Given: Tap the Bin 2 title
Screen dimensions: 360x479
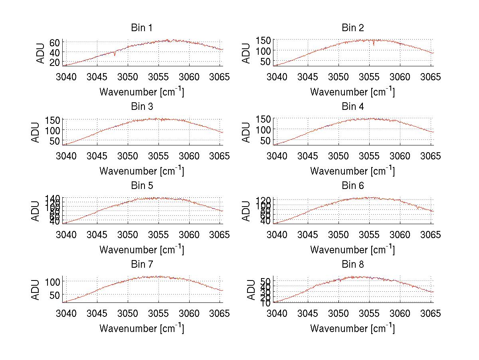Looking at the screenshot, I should pos(353,28).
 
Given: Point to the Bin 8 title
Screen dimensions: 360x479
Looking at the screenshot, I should pos(353,265).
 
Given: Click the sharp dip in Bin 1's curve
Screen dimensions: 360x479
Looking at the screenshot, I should pos(115,54).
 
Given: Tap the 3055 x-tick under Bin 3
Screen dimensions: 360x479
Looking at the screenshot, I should pos(158,155).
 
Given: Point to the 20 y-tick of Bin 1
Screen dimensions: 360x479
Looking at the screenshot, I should pos(55,62).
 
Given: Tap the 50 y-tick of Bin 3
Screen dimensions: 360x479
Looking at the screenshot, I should pos(55,141).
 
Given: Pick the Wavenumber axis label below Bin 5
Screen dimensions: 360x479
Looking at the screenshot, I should pos(141,250).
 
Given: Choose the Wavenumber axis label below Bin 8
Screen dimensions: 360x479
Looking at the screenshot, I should pos(353,328).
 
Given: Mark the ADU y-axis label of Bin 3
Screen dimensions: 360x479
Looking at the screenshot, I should pos(36,132).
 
